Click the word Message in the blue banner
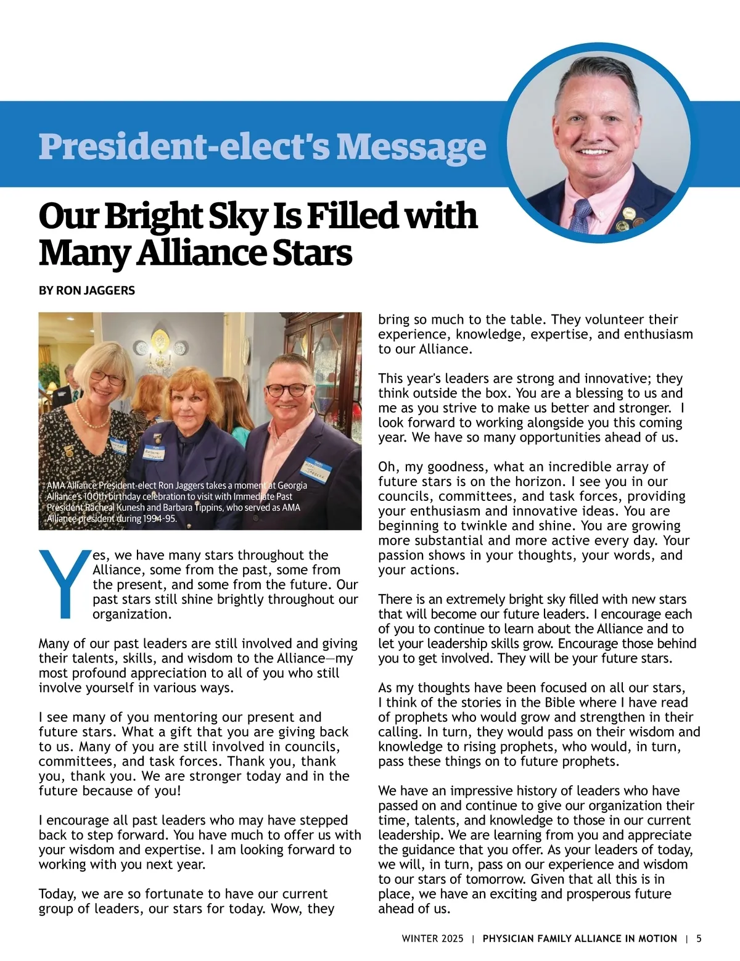click(x=411, y=146)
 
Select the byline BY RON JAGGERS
click(x=87, y=291)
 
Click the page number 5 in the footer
click(x=699, y=939)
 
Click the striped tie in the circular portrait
click(x=581, y=217)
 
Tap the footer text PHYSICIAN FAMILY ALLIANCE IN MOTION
click(x=580, y=939)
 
